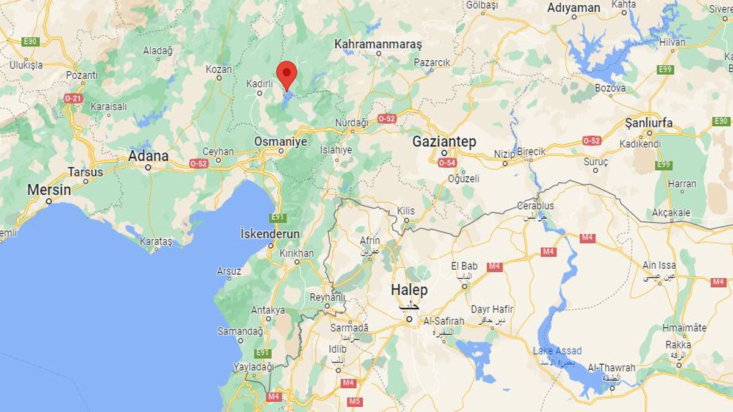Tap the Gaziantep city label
[x=443, y=142]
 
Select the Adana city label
[x=148, y=156]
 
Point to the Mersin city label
[x=49, y=190]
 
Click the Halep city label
[x=409, y=290]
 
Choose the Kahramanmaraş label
[x=378, y=45]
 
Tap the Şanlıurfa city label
[x=649, y=123]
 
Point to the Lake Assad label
[x=557, y=351]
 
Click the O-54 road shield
[x=448, y=162]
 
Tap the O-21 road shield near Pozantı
[x=73, y=98]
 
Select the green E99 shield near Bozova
[x=665, y=70]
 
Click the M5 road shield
[x=355, y=401]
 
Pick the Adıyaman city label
[x=574, y=8]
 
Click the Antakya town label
[x=268, y=310]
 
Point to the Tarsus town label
[x=86, y=172]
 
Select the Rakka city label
[x=678, y=345]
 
